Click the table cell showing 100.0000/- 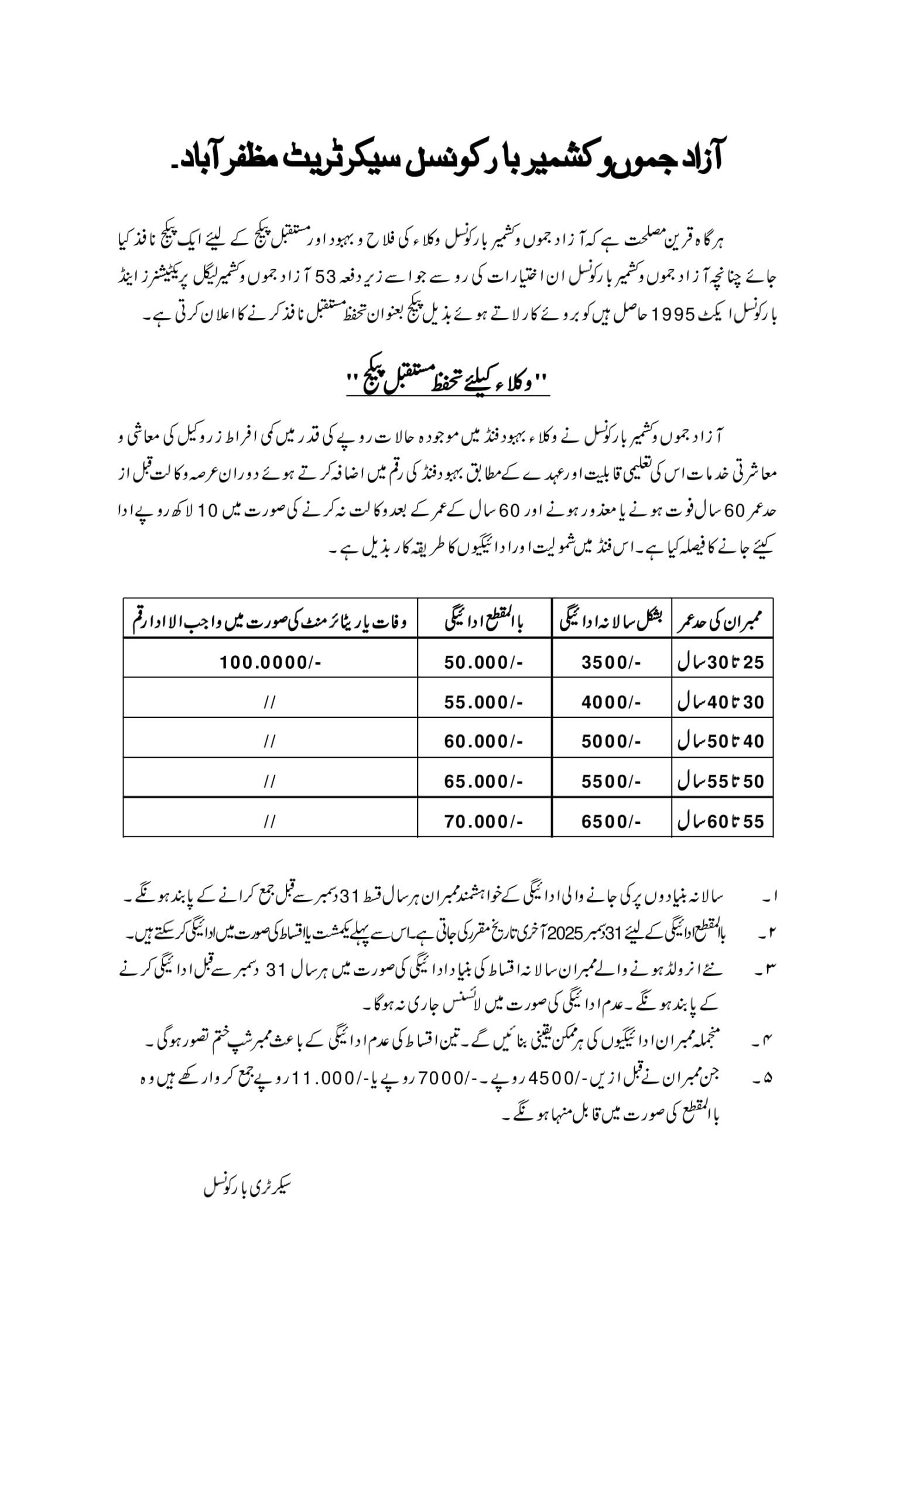(x=270, y=662)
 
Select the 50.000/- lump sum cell (x=484, y=662)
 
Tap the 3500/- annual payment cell (x=611, y=662)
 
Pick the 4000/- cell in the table (x=611, y=702)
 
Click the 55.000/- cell (x=484, y=702)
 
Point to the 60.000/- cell (x=484, y=741)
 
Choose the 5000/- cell (x=611, y=741)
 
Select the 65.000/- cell (x=484, y=781)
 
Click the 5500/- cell (x=611, y=781)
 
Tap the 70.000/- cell (x=484, y=822)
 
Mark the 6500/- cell (x=611, y=822)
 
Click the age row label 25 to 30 (x=721, y=662)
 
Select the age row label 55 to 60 (x=721, y=822)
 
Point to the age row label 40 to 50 (x=721, y=741)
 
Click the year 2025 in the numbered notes (x=566, y=933)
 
